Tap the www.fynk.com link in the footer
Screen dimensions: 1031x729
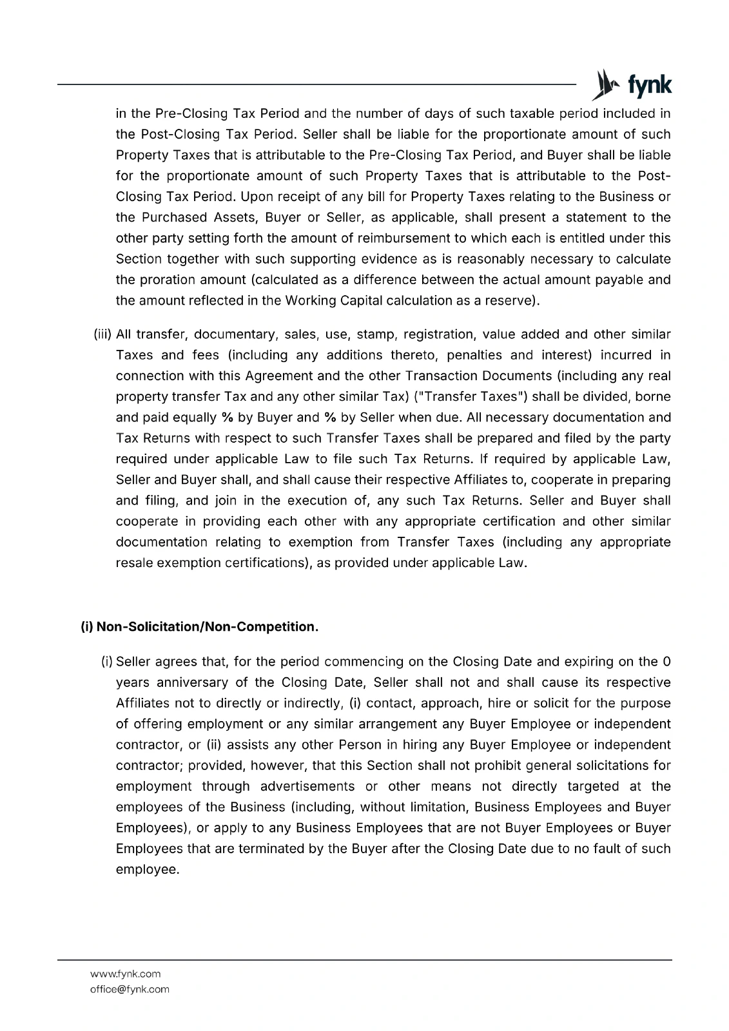[x=126, y=974]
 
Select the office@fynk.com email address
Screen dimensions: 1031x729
[x=130, y=989]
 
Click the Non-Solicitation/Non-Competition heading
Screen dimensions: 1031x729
[x=200, y=627]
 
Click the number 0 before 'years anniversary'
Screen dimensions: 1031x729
[x=666, y=662]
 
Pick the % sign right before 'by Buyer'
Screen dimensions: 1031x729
[x=227, y=418]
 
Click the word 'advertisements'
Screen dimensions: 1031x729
[x=307, y=786]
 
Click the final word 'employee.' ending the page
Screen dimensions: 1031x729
[x=147, y=869]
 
